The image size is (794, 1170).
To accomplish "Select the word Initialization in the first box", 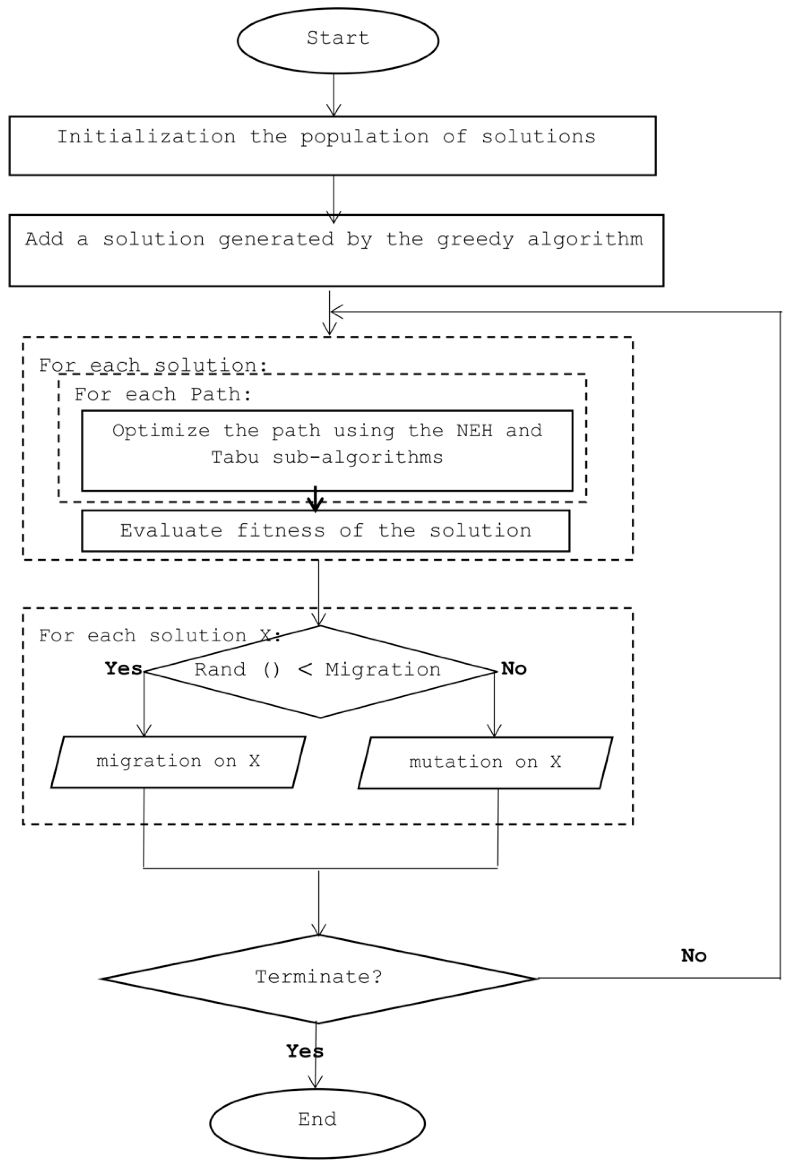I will [146, 137].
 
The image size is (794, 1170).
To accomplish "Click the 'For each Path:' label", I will [163, 394].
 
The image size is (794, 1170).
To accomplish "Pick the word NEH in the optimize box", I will [474, 431].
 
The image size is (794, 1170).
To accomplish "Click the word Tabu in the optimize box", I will [235, 458].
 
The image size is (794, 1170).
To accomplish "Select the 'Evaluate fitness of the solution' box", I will [325, 531].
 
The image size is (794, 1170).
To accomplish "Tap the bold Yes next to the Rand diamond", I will [123, 669].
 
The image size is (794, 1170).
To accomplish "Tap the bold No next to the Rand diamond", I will [514, 669].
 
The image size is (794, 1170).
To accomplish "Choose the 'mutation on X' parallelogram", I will [485, 762].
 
